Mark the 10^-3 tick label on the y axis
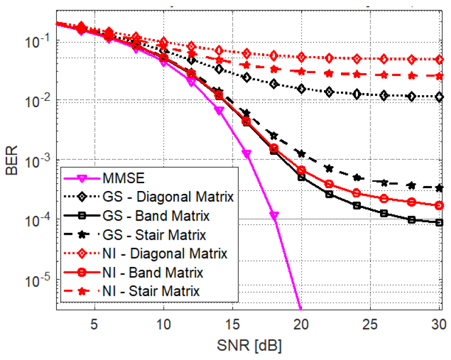36,160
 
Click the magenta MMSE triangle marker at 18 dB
273,216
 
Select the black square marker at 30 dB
439,222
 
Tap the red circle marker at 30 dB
439,205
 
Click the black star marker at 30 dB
439,188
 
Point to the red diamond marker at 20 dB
301,57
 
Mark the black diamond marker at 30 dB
439,98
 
